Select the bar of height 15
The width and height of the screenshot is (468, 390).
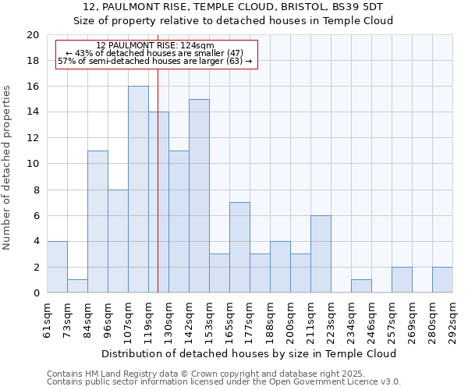click(x=199, y=196)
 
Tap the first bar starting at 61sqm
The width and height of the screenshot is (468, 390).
click(x=57, y=267)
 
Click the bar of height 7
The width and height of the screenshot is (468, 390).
click(x=239, y=247)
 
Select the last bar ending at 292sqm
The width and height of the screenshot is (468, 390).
click(x=442, y=280)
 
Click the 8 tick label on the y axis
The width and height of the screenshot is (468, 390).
click(x=35, y=190)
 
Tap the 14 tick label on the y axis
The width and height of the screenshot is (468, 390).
click(x=32, y=112)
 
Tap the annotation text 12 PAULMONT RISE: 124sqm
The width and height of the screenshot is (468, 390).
click(x=155, y=46)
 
